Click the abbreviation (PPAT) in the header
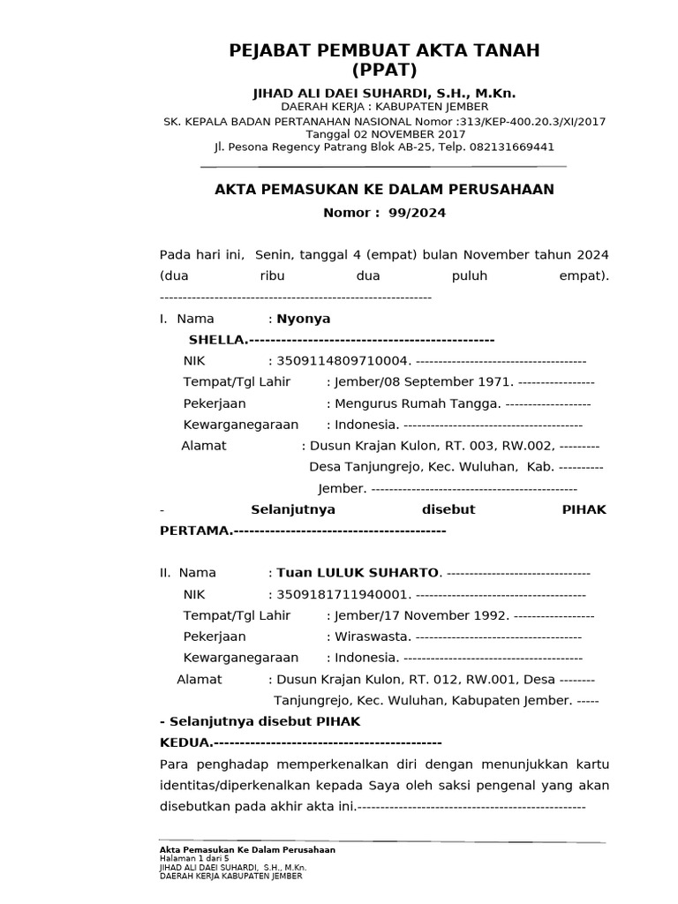tap(384, 70)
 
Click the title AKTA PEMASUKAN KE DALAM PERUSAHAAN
tap(385, 189)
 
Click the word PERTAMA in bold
tap(194, 531)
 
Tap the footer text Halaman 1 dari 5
tap(193, 858)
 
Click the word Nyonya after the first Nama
tap(304, 319)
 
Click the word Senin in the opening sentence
tap(273, 255)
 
